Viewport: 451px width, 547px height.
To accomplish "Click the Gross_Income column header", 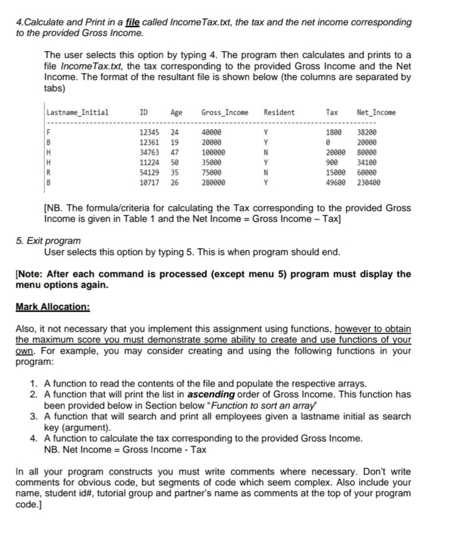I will (225, 113).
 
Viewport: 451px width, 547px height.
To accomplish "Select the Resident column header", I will (279, 113).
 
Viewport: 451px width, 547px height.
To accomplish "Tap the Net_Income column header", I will (376, 113).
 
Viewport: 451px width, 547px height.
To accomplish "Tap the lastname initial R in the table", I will (48, 173).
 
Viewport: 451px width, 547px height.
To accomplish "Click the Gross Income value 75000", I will (211, 173).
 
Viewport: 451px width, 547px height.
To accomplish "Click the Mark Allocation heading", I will (53, 307).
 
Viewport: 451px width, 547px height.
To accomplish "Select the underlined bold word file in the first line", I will (133, 23).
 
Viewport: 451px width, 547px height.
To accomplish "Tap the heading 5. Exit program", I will (48, 241).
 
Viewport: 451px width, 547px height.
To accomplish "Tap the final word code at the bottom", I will (26, 504).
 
